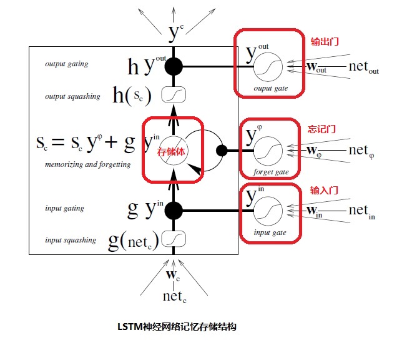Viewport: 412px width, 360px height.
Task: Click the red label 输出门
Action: (x=325, y=42)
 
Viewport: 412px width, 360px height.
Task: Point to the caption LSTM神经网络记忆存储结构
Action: (x=177, y=326)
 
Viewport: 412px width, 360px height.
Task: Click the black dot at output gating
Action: (x=174, y=66)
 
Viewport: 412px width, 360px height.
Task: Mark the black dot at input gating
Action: (x=174, y=211)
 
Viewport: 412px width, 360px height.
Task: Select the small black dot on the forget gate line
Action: (x=220, y=151)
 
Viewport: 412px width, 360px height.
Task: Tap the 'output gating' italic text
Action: (x=67, y=64)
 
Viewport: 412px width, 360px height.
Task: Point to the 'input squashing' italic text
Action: (x=71, y=240)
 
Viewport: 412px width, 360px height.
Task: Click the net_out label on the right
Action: (x=364, y=67)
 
